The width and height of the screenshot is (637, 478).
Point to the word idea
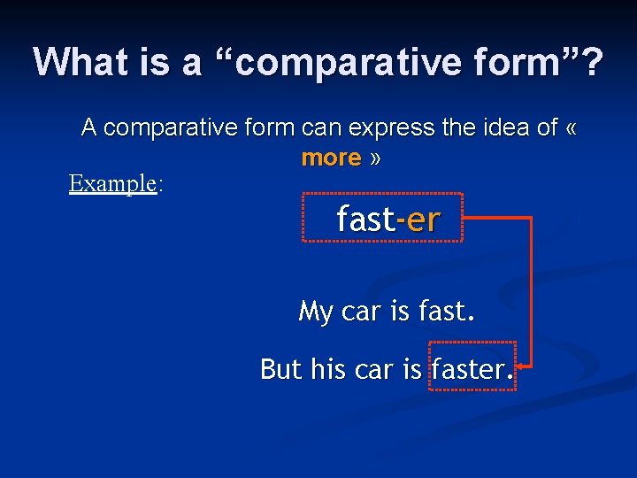tap(500, 127)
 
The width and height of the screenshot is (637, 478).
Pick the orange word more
tap(331, 158)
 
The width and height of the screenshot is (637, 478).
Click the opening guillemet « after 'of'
tap(571, 128)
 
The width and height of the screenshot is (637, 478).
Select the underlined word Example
tap(112, 183)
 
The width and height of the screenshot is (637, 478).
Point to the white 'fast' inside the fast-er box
tap(365, 220)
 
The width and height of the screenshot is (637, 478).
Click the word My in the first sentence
tap(315, 312)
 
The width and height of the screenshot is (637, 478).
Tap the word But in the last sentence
tap(280, 368)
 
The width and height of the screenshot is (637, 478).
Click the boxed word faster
tap(468, 368)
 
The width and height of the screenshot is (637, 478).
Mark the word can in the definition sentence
tap(324, 127)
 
